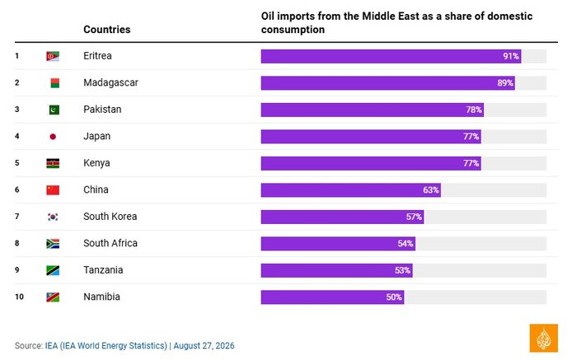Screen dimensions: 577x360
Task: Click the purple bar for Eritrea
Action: click(x=391, y=56)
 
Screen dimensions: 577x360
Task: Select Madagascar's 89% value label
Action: click(x=505, y=83)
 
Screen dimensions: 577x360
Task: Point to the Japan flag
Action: click(x=53, y=137)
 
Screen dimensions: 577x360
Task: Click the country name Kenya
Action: click(x=96, y=163)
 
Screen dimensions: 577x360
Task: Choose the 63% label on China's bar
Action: click(x=431, y=190)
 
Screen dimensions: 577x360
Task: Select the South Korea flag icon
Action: click(x=53, y=217)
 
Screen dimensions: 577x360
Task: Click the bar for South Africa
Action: click(x=338, y=244)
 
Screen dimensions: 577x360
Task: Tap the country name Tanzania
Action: click(x=103, y=270)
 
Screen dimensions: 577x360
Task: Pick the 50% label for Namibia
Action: click(x=394, y=297)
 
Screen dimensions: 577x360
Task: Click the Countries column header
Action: click(x=106, y=30)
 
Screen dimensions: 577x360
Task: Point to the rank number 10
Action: click(x=19, y=297)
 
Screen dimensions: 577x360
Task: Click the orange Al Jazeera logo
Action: click(x=543, y=339)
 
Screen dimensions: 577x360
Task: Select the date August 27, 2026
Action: click(x=204, y=346)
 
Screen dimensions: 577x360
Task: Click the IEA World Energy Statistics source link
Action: click(x=106, y=346)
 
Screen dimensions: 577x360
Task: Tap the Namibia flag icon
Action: click(x=53, y=297)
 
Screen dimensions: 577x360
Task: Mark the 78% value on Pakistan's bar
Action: click(x=474, y=110)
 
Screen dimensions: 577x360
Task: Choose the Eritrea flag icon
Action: click(x=53, y=56)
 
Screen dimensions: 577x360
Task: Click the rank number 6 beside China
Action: click(x=17, y=189)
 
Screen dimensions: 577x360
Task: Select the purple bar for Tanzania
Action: click(x=336, y=271)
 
